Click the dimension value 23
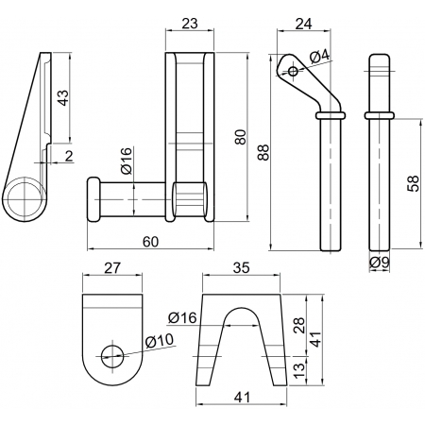[190, 24]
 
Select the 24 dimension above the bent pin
[304, 24]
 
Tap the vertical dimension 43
[63, 98]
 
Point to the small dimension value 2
[69, 156]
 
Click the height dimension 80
[241, 137]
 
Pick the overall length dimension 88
[263, 152]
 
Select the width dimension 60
[150, 242]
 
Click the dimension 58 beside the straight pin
[413, 183]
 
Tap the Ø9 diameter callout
[380, 263]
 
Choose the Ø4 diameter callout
[319, 57]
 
